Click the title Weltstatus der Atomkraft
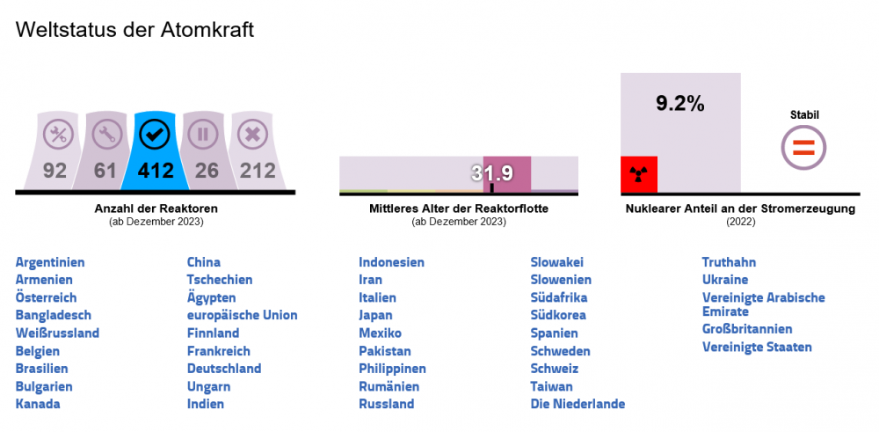click(134, 30)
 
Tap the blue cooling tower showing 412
click(155, 152)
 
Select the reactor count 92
click(54, 170)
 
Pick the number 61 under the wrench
click(105, 170)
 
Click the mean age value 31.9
click(491, 173)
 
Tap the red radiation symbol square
click(639, 174)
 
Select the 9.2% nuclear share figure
click(680, 104)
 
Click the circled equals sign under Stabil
click(804, 148)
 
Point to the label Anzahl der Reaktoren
click(156, 209)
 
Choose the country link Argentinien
click(50, 262)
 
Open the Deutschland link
click(224, 369)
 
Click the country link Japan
click(375, 315)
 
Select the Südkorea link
click(558, 315)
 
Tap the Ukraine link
click(725, 280)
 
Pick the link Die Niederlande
click(578, 404)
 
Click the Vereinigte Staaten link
click(757, 347)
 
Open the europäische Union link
click(242, 315)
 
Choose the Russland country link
click(386, 404)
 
